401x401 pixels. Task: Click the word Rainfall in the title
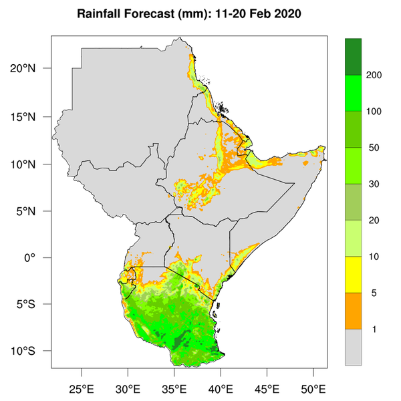99,14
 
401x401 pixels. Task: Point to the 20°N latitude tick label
32,69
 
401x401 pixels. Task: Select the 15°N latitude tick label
32,117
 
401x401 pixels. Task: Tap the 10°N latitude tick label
32,164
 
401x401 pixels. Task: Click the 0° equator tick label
39,258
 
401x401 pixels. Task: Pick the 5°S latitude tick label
34,305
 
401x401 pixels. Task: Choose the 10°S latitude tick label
32,352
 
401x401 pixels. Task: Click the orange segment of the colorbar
353,311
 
